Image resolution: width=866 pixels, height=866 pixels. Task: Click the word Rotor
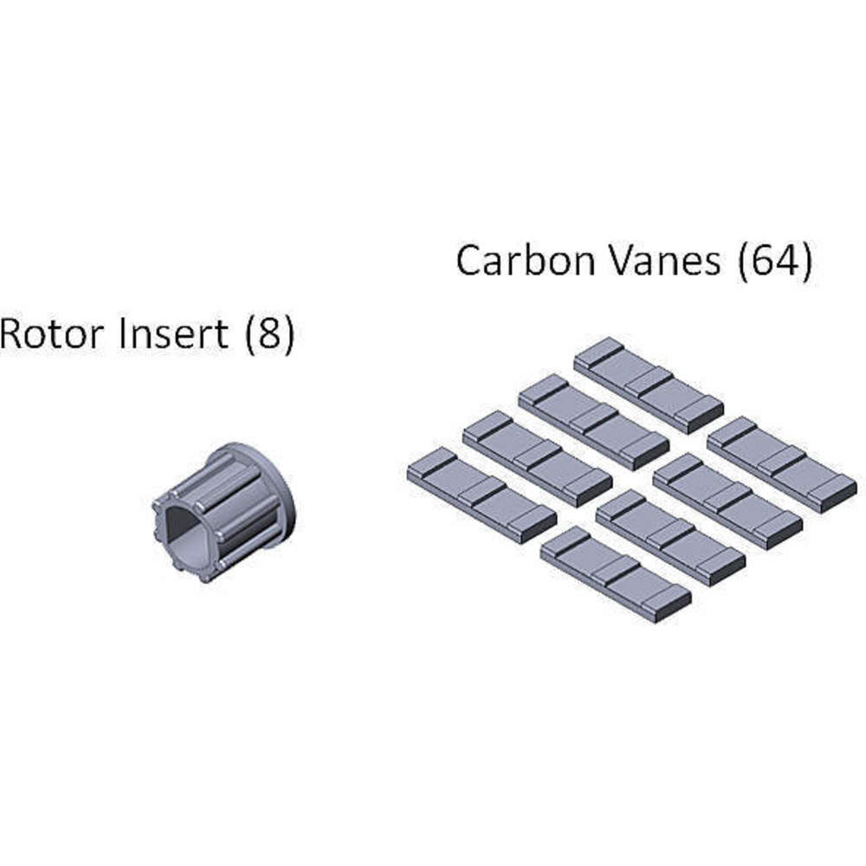coord(54,333)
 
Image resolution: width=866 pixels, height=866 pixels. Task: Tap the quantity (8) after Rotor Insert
coord(269,334)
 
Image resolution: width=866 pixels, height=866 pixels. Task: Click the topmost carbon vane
coord(648,385)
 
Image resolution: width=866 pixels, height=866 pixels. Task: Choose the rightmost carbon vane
coord(782,464)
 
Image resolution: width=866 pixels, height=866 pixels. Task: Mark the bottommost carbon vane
coord(615,573)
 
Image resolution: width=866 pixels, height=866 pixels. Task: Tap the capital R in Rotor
coord(13,333)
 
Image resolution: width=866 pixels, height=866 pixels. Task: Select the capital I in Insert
coord(124,333)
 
